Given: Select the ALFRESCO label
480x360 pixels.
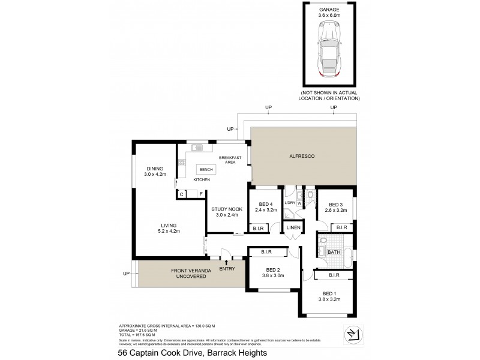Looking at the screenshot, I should coord(303,156).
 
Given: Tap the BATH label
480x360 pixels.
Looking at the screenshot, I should coord(334,253).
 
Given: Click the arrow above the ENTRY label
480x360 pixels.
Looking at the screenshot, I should coord(226,262).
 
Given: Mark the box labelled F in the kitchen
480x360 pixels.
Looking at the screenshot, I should coord(200,194).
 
